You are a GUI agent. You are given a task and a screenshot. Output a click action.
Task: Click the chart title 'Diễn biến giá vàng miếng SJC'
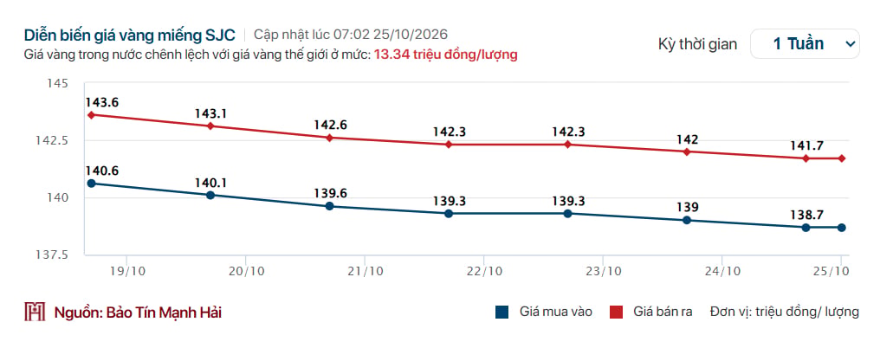click(x=130, y=35)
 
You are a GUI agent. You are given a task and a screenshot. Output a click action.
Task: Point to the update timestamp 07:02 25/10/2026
click(x=391, y=35)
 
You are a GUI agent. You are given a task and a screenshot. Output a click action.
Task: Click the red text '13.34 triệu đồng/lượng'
click(x=445, y=55)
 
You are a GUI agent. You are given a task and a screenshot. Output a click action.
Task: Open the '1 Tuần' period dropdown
click(x=805, y=44)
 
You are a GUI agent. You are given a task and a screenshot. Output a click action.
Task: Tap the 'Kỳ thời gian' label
click(x=697, y=44)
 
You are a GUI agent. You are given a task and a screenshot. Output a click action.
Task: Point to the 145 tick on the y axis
click(x=58, y=83)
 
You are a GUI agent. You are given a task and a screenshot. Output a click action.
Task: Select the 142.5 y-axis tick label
click(x=53, y=141)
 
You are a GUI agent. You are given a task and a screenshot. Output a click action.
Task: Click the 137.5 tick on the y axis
click(x=53, y=255)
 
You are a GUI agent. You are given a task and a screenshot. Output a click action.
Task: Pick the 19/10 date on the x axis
click(x=126, y=271)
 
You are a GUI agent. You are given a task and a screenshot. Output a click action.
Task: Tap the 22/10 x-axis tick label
click(x=484, y=271)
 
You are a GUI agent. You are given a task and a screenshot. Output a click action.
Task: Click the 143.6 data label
click(x=102, y=102)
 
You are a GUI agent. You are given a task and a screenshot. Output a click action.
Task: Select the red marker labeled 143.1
click(x=210, y=126)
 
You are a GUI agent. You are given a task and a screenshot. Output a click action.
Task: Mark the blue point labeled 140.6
click(x=92, y=184)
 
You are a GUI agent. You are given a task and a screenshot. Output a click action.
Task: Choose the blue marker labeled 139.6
click(x=329, y=206)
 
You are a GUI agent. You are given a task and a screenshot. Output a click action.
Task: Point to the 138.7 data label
click(x=806, y=214)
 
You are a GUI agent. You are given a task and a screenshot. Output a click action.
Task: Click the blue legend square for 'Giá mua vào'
click(x=501, y=313)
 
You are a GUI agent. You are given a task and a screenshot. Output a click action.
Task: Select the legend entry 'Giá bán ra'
click(x=651, y=313)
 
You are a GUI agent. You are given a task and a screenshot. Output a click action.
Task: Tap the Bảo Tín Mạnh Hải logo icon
click(x=35, y=312)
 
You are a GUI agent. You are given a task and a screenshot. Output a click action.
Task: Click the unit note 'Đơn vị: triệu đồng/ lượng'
click(x=784, y=313)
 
